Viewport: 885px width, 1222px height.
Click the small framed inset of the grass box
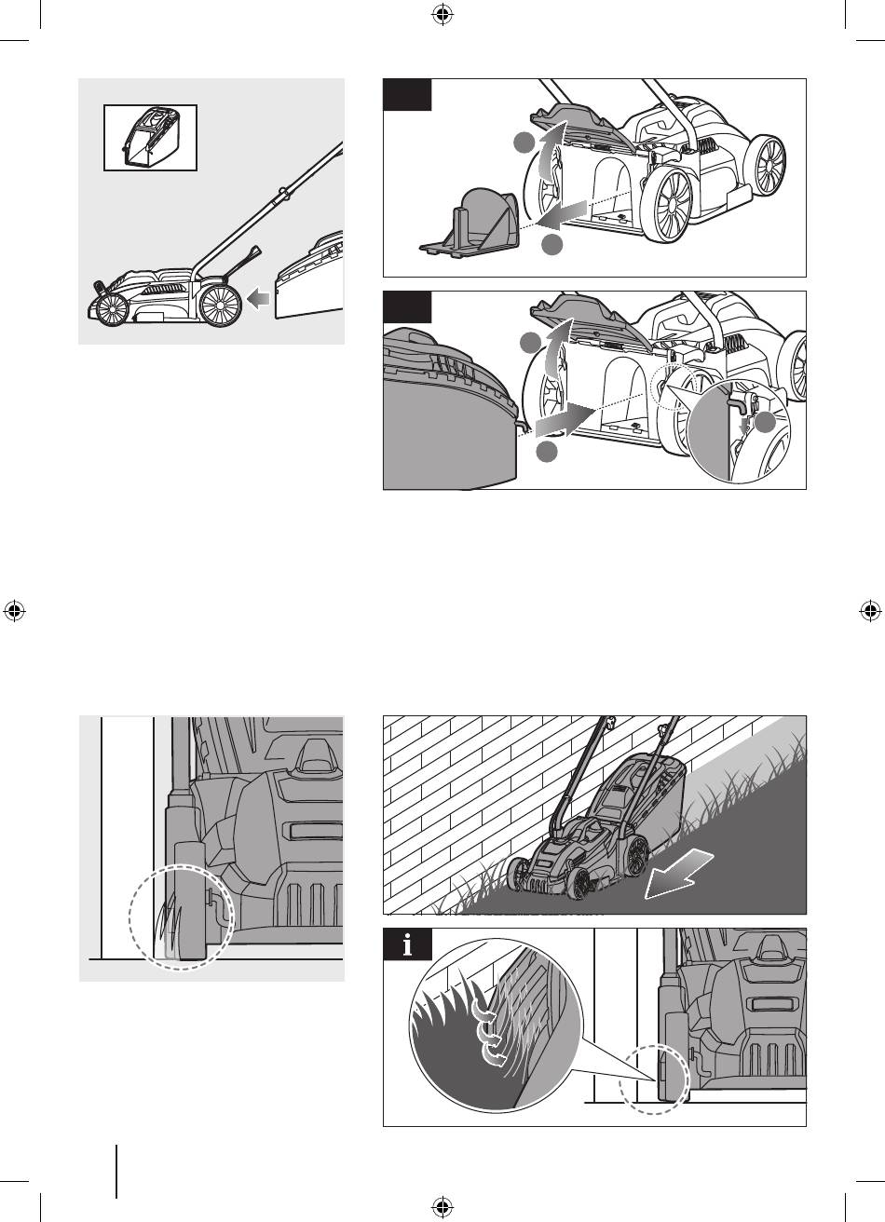[x=150, y=138]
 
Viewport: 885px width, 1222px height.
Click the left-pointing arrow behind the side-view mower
[x=258, y=298]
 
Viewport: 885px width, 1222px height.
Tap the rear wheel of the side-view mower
[x=221, y=305]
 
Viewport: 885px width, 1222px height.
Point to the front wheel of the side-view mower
[x=113, y=309]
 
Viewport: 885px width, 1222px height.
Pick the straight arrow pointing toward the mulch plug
[x=561, y=215]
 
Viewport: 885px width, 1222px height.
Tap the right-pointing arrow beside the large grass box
[x=565, y=421]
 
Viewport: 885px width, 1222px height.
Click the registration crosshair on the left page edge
[x=15, y=611]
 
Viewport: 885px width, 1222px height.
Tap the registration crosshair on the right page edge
[x=870, y=611]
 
